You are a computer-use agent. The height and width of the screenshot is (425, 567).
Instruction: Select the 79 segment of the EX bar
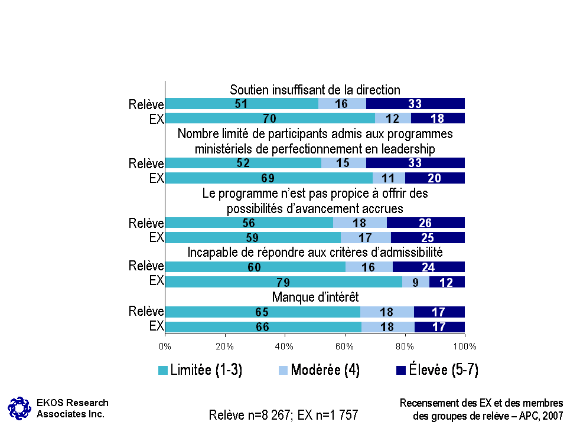(283, 282)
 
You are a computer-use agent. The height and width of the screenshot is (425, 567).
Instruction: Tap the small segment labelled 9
(416, 282)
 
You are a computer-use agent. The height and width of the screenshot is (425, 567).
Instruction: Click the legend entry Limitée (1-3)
(200, 370)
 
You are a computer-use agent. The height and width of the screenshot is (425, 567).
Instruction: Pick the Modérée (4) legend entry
(319, 370)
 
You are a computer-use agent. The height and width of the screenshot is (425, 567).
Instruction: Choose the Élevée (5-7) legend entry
(437, 370)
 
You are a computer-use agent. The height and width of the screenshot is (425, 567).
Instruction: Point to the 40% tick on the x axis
(285, 345)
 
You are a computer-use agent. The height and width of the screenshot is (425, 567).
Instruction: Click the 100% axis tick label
(464, 345)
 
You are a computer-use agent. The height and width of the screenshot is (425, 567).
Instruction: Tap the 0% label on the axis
(165, 345)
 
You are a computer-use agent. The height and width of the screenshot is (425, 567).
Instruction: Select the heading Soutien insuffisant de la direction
(315, 90)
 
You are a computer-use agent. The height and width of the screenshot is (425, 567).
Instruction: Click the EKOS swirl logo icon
(19, 407)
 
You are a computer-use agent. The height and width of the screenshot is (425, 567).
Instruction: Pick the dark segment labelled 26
(426, 223)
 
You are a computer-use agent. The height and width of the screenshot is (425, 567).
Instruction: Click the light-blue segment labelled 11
(388, 178)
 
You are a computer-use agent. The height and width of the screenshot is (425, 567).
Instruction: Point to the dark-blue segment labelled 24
(429, 267)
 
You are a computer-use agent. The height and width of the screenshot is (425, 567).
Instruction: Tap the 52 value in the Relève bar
(243, 164)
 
